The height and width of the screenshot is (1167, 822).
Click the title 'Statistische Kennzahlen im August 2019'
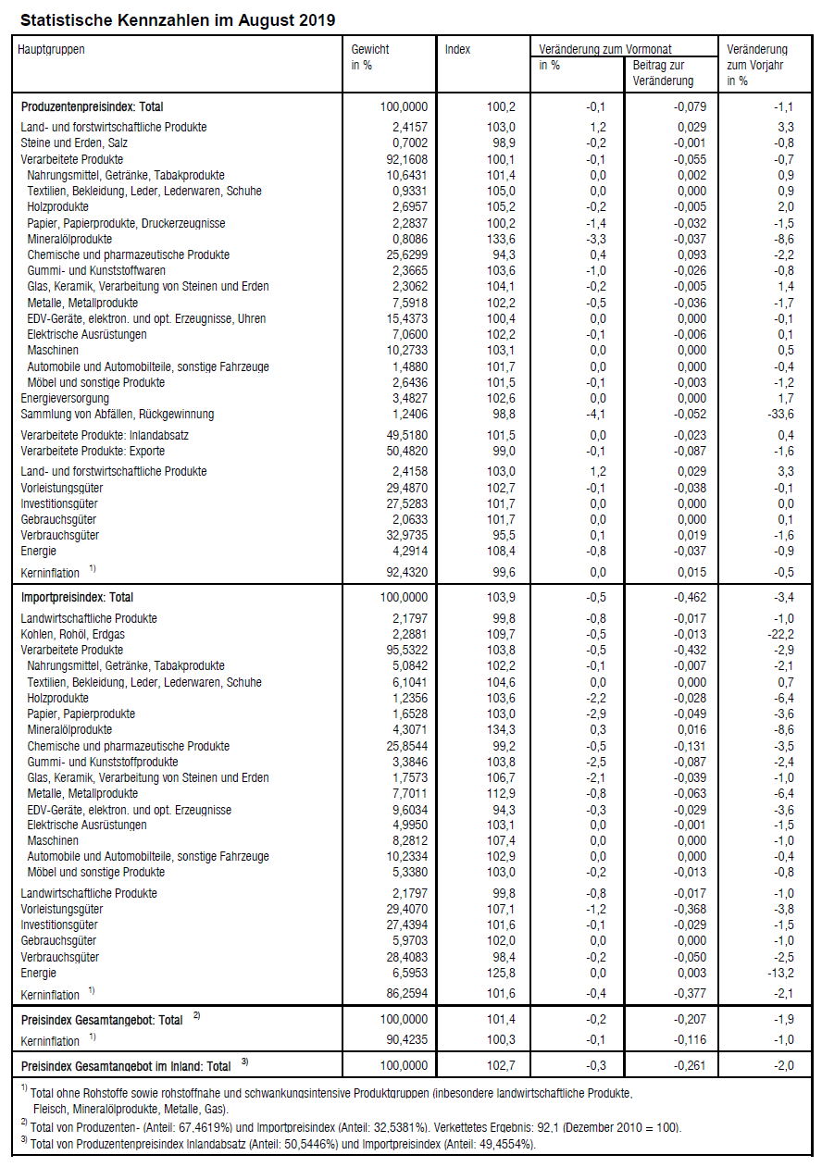pyautogui.click(x=178, y=19)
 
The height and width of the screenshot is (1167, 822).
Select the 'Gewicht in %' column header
pyautogui.click(x=370, y=57)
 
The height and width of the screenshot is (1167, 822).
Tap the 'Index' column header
pyautogui.click(x=457, y=50)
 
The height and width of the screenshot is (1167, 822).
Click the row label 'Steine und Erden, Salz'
pyautogui.click(x=73, y=143)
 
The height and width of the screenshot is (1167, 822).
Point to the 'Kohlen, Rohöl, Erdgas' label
pyautogui.click(x=74, y=634)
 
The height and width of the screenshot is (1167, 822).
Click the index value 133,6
pyautogui.click(x=501, y=239)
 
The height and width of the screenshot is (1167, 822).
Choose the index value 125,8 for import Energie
pyautogui.click(x=501, y=973)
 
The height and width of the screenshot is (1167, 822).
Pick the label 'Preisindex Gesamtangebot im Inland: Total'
pyautogui.click(x=126, y=1066)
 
